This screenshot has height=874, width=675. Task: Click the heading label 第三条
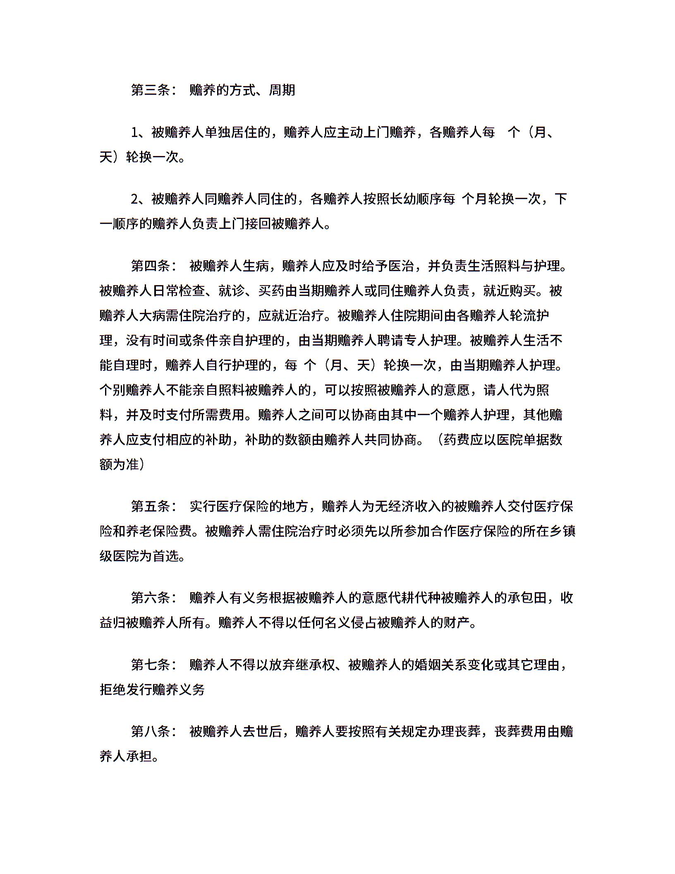point(150,90)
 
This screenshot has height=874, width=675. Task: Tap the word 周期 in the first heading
point(282,90)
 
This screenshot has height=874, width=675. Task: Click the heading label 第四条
point(150,266)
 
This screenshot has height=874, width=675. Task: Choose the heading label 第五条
point(150,506)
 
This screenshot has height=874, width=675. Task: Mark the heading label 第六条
point(150,598)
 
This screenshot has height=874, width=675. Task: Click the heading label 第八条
point(150,732)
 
